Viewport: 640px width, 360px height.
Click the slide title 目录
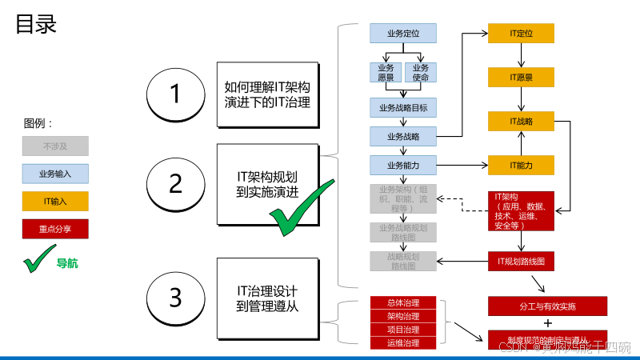[36, 23]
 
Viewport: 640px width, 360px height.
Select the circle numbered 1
[176, 94]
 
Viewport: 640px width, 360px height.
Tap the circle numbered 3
[176, 298]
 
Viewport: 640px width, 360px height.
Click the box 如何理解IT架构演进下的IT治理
[267, 94]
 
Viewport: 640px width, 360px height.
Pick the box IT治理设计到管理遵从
[267, 298]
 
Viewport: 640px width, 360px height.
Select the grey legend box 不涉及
[55, 146]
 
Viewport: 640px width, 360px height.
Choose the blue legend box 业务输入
[55, 174]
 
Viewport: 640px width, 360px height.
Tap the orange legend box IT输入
[55, 202]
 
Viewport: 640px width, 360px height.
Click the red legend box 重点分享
[55, 229]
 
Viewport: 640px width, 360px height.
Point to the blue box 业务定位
[402, 34]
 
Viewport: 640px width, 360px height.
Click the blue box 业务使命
[421, 73]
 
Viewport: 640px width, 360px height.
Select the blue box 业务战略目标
[402, 107]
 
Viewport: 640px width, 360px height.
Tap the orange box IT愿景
[522, 78]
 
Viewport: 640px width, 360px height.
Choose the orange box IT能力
[522, 166]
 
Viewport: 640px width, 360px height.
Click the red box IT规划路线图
[522, 261]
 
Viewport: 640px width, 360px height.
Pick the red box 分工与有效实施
[547, 306]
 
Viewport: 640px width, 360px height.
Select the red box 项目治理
[405, 329]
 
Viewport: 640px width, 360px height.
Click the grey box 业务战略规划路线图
[402, 232]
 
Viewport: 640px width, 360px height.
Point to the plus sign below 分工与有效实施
[548, 323]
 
